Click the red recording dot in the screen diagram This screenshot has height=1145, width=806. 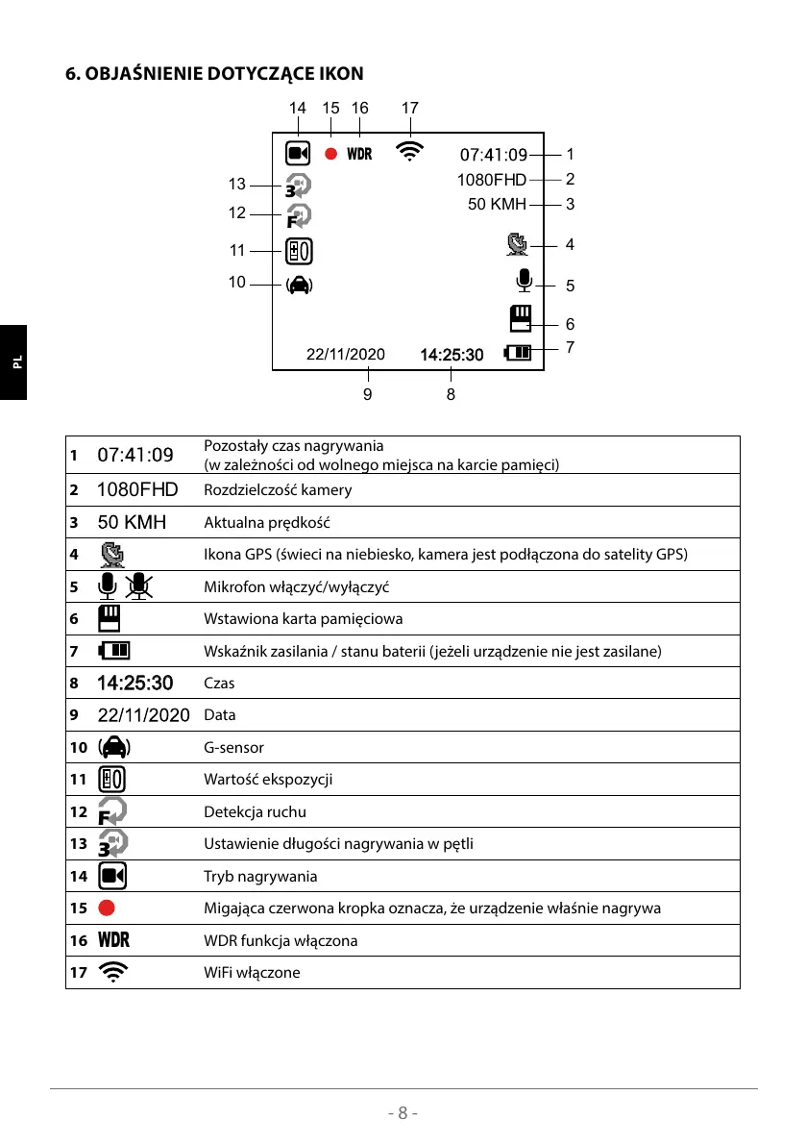[330, 154]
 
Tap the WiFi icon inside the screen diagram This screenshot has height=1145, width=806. [409, 151]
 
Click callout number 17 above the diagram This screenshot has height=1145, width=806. [410, 109]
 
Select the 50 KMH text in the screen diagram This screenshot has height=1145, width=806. [497, 204]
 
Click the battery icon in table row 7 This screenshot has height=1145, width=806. [114, 652]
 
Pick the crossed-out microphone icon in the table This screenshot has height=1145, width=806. [140, 586]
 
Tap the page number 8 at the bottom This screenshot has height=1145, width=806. [403, 1113]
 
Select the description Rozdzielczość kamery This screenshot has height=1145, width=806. [278, 490]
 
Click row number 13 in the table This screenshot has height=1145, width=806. [77, 845]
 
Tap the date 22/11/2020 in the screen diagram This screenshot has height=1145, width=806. [345, 354]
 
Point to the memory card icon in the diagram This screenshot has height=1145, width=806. [521, 318]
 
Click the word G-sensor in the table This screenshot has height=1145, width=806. [233, 748]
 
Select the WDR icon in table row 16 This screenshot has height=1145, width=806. [113, 940]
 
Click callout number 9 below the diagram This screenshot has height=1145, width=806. [367, 393]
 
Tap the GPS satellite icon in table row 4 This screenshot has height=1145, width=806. [113, 555]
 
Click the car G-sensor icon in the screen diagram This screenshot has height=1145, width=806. [299, 284]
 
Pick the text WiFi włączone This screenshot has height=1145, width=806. [252, 973]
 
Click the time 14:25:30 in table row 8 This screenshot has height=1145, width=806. [135, 684]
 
